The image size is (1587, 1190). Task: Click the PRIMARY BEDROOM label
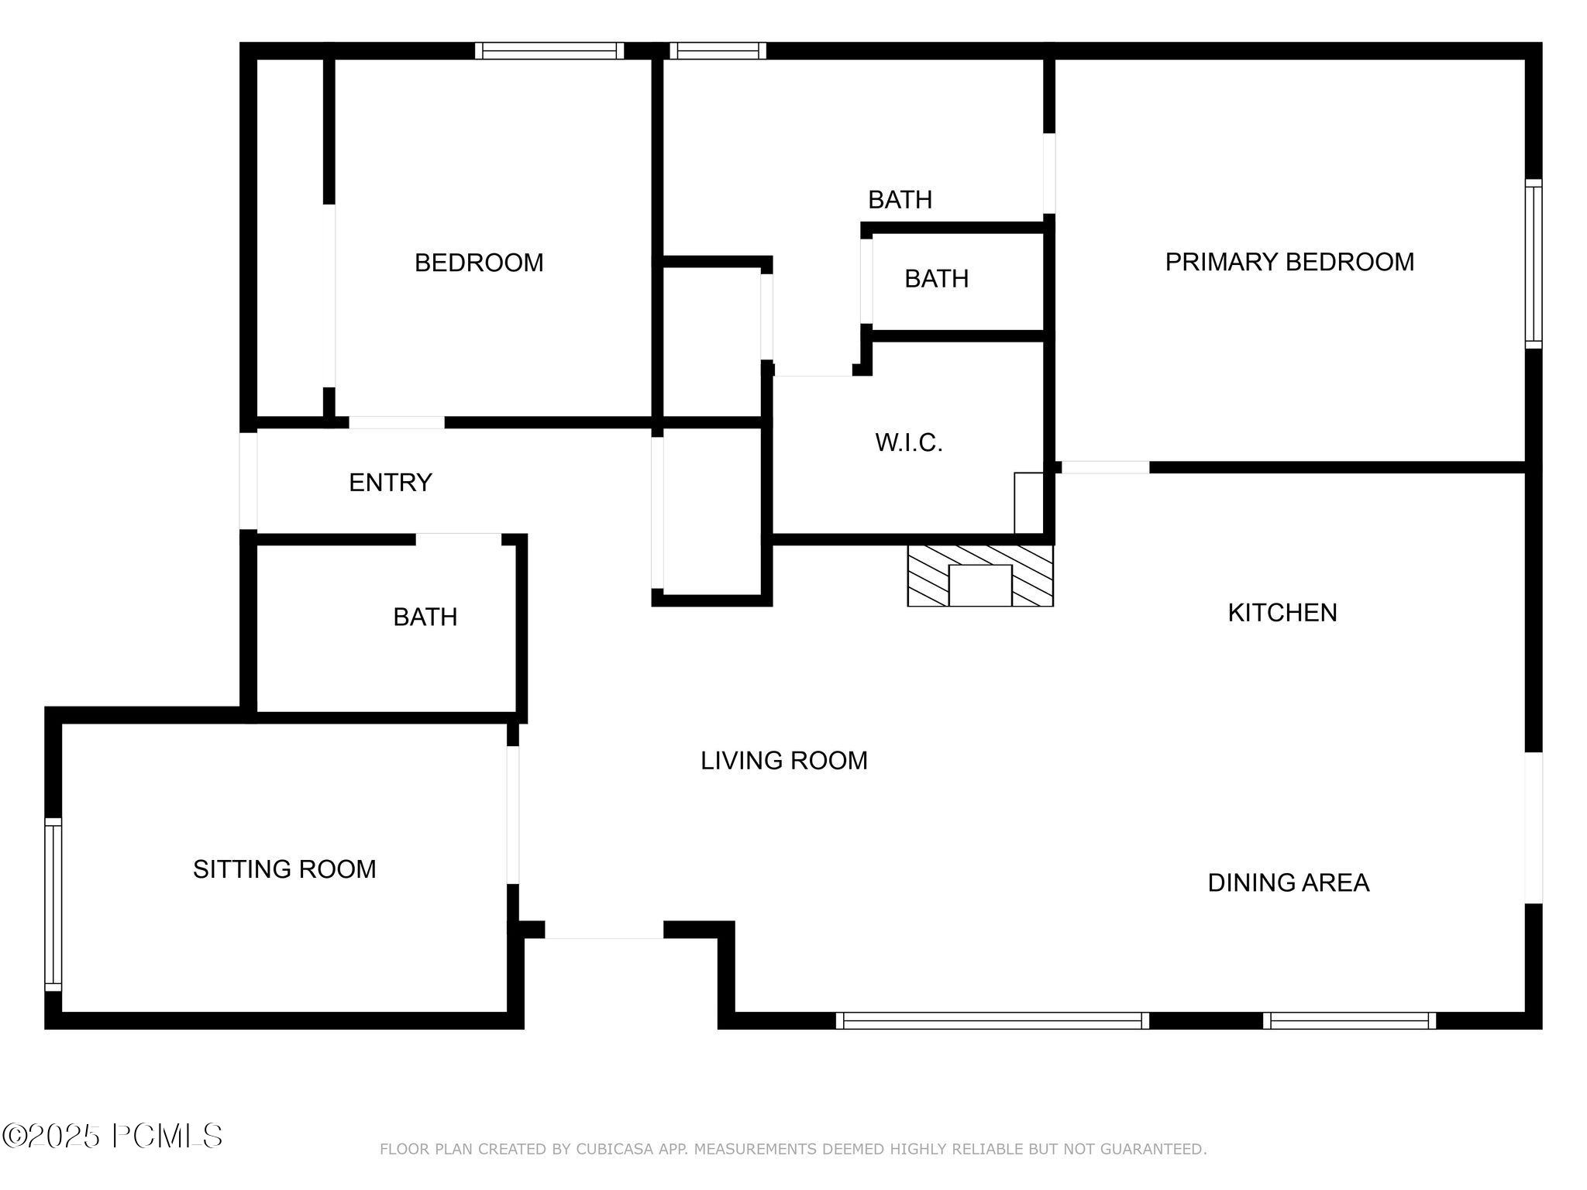(1289, 263)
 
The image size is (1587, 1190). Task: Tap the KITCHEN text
(1282, 613)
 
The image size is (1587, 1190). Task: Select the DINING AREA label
(1288, 882)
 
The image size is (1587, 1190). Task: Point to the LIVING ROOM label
(783, 761)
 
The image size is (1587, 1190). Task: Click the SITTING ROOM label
(284, 869)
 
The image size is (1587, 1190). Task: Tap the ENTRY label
(390, 483)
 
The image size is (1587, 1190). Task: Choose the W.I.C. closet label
(908, 443)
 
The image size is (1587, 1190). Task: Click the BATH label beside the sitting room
(425, 617)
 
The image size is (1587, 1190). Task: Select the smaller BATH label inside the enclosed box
(936, 279)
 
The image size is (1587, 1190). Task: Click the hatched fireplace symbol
(979, 575)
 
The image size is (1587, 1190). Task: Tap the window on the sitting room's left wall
(53, 904)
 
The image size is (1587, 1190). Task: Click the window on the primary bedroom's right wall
(1533, 263)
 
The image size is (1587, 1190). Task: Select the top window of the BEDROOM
(549, 51)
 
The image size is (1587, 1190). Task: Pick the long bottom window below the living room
(992, 1020)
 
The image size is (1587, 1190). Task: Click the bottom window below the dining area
(1349, 1020)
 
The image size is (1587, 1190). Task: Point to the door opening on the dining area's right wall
(1534, 827)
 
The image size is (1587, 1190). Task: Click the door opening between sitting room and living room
(513, 814)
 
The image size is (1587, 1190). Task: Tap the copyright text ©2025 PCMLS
(112, 1137)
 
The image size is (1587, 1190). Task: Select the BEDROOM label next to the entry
(479, 263)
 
